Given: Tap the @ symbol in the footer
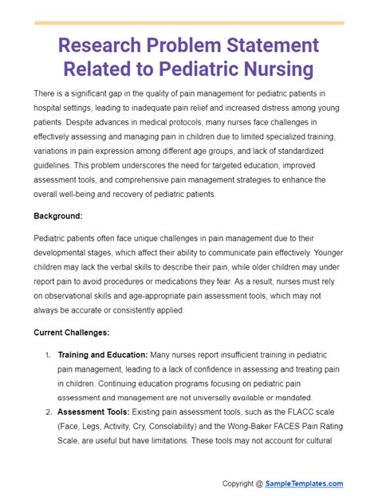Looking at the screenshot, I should (261, 483).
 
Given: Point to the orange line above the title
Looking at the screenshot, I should (189, 23).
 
